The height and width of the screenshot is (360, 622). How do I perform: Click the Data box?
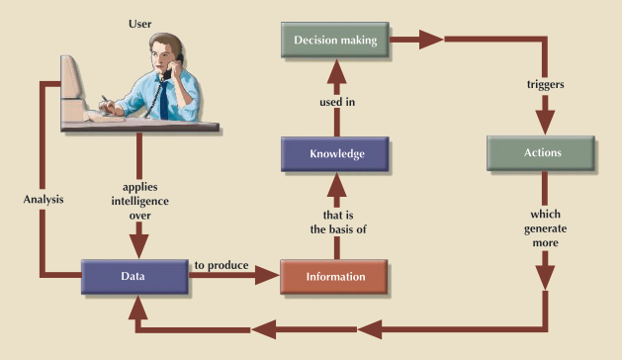point(134,276)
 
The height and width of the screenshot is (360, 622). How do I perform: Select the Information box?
point(333,276)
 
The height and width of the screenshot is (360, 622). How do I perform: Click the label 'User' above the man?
point(140,21)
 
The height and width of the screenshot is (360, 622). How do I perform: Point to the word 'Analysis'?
point(43,200)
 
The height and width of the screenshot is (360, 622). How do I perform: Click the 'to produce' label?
point(221,265)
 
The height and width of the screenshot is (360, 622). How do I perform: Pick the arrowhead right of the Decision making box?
point(428,42)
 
